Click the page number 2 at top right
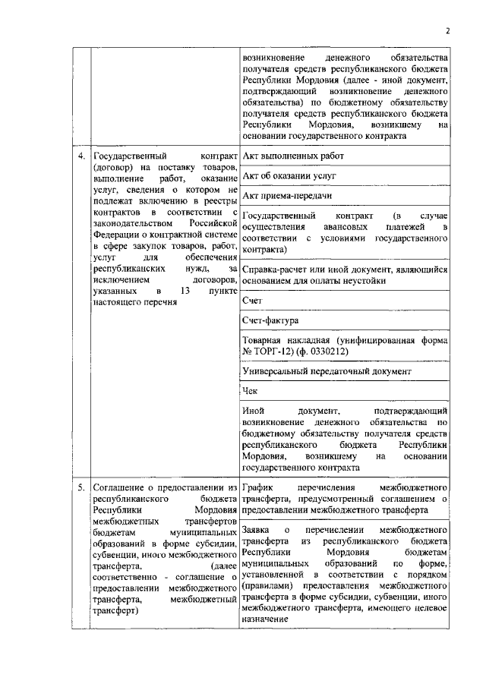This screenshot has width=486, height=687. pyautogui.click(x=447, y=30)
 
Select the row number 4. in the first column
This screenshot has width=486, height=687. pyautogui.click(x=81, y=156)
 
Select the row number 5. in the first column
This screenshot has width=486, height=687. pyautogui.click(x=81, y=486)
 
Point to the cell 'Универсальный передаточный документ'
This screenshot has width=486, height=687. pyautogui.click(x=327, y=373)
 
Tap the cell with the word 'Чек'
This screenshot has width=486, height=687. pyautogui.click(x=250, y=392)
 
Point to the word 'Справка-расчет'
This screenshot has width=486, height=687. pyautogui.click(x=278, y=269)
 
